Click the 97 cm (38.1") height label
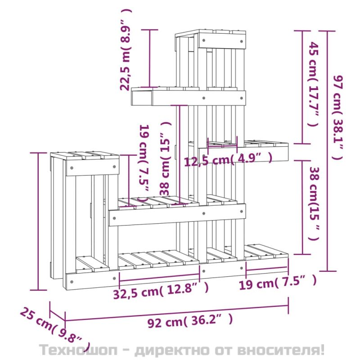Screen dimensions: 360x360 click(338, 117)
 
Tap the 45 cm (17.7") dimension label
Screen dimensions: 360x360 click(314, 84)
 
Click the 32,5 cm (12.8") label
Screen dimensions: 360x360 click(161, 291)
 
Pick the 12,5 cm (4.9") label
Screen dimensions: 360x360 click(229, 159)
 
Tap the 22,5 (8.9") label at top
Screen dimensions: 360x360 click(126, 49)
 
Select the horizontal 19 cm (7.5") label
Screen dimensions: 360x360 click(278, 282)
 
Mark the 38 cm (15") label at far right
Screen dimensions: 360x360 click(314, 204)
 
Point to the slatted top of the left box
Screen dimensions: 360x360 click(85, 155)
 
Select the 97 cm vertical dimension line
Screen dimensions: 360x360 click(328, 151)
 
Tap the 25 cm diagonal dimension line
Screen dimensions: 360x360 click(58, 316)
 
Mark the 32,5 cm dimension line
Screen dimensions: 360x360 click(159, 278)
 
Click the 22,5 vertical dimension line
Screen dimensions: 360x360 click(150, 58)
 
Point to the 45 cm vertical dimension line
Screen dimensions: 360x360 click(302, 87)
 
